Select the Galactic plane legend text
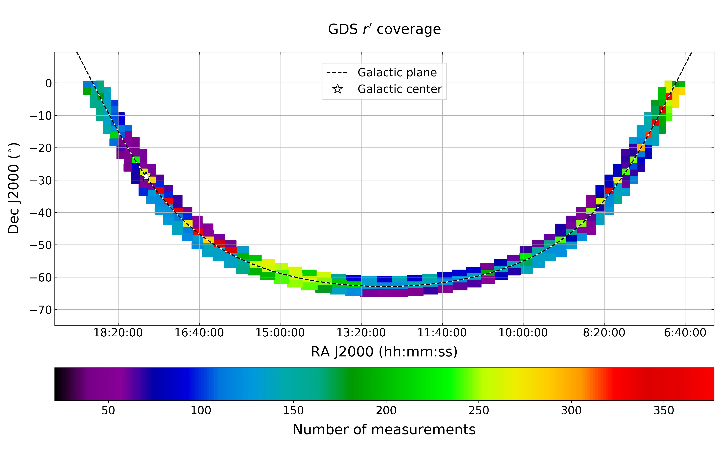(397, 72)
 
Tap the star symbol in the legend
(337, 89)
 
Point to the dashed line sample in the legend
(337, 72)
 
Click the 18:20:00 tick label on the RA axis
(118, 333)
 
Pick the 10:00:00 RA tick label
(523, 333)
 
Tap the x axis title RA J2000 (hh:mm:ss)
(384, 352)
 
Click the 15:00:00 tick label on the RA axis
(280, 333)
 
